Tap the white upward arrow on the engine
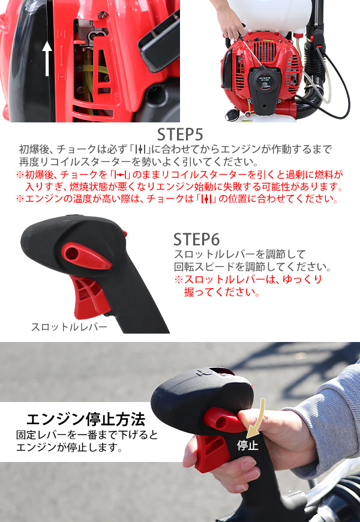click(47, 58)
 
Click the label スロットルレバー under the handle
click(69, 327)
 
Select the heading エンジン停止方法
click(85, 418)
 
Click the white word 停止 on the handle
click(247, 445)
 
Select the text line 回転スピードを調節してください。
click(252, 266)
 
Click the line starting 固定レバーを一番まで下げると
click(87, 434)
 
